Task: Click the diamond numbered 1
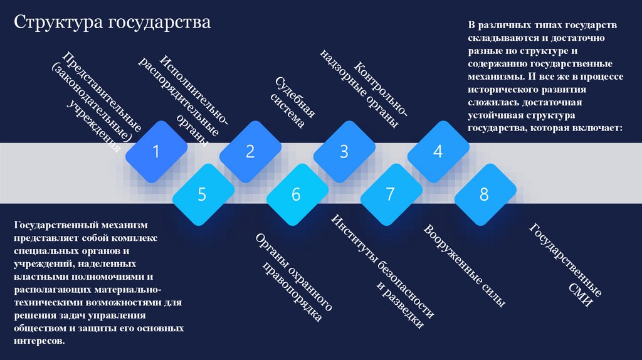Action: click(156, 151)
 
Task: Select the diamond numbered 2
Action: click(250, 151)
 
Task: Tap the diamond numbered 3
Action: click(344, 151)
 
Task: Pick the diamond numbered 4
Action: click(438, 151)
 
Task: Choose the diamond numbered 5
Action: click(202, 194)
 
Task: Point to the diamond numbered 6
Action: click(296, 194)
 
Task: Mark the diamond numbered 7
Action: click(390, 194)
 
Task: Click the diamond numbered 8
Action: click(484, 194)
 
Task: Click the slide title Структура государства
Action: click(113, 23)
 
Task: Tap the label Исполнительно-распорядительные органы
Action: click(185, 97)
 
